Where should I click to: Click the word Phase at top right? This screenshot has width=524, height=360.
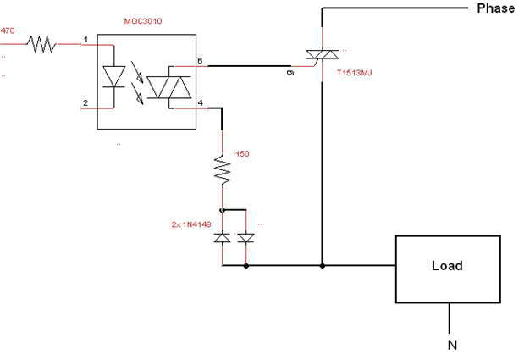[495, 8]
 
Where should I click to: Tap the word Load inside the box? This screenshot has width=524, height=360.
[446, 266]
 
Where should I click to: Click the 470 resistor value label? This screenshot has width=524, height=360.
[8, 30]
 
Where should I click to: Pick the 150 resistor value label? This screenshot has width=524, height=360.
[241, 154]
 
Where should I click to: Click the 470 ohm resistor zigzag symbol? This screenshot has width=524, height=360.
[43, 43]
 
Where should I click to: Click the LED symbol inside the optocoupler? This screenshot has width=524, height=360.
[114, 77]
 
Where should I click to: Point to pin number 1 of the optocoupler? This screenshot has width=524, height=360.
[86, 39]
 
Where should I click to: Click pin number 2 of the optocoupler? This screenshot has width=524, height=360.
[85, 103]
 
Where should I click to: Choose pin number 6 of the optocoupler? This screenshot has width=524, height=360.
[201, 60]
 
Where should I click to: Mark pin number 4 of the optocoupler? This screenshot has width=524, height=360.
[201, 103]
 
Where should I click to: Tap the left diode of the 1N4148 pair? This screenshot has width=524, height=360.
[222, 238]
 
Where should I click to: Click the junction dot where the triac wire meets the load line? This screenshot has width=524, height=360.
[323, 266]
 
